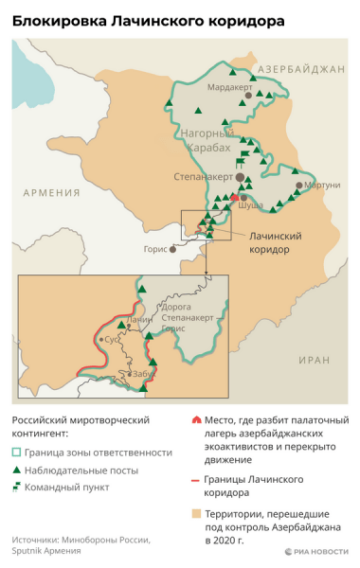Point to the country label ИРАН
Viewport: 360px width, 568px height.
(x=313, y=361)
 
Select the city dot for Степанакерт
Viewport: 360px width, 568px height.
(x=241, y=177)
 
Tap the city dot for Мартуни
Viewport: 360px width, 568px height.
(x=300, y=186)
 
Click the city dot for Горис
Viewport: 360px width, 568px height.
(x=172, y=250)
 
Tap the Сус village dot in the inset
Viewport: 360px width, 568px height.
(x=101, y=339)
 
